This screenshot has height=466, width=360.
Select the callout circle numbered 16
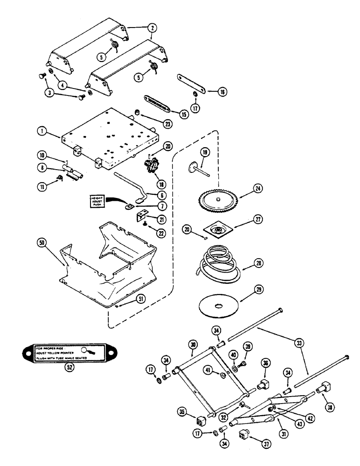tap(222, 92)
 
